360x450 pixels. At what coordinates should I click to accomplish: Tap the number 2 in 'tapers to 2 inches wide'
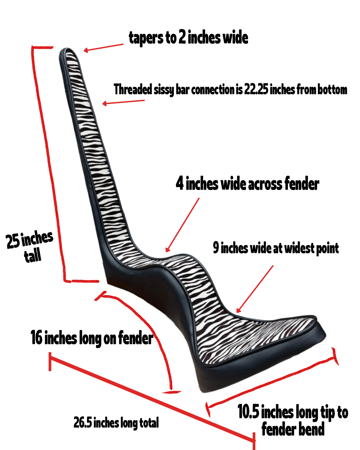[182, 37]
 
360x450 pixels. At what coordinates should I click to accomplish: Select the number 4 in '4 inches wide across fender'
[180, 183]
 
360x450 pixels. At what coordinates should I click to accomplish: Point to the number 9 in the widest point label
[216, 248]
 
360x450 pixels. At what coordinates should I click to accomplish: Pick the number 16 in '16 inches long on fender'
[36, 337]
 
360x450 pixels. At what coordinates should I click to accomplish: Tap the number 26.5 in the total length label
[83, 422]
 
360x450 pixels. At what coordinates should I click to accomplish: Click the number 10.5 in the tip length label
[248, 412]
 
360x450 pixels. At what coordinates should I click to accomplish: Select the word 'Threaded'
[133, 89]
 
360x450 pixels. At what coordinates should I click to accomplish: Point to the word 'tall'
[33, 256]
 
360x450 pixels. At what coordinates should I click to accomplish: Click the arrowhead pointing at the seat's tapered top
[86, 50]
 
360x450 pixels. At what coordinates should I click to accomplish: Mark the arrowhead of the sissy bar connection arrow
[104, 104]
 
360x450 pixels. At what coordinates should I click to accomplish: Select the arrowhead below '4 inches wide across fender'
[167, 250]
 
